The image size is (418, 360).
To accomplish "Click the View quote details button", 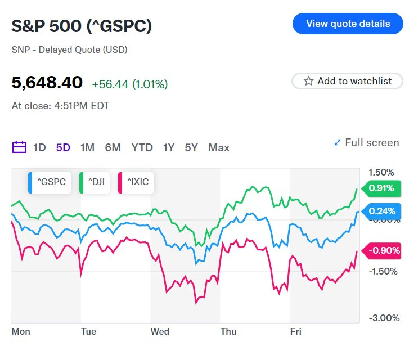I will point(348,24).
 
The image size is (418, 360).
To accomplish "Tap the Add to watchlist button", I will point(348,81).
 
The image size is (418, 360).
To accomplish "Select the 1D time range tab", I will point(39,148).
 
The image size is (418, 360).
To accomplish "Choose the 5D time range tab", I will point(63,148).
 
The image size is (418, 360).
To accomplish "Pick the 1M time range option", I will point(87,148).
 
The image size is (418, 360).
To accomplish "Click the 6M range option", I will point(113,148).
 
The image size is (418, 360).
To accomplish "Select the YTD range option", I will point(142,148).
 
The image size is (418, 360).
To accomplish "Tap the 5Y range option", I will point(191,148).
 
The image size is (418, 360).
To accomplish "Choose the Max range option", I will point(219,148).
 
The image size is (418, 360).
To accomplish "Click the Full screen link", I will point(366,143).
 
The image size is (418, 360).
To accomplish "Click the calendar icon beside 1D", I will point(19,148).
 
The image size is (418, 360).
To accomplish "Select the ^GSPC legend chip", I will point(50,182).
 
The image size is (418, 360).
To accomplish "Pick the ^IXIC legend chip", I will point(135,182).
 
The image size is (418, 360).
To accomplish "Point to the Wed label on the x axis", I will point(160,332).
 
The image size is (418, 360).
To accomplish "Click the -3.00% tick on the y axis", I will point(384,318).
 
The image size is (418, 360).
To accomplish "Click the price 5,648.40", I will point(47,83).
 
